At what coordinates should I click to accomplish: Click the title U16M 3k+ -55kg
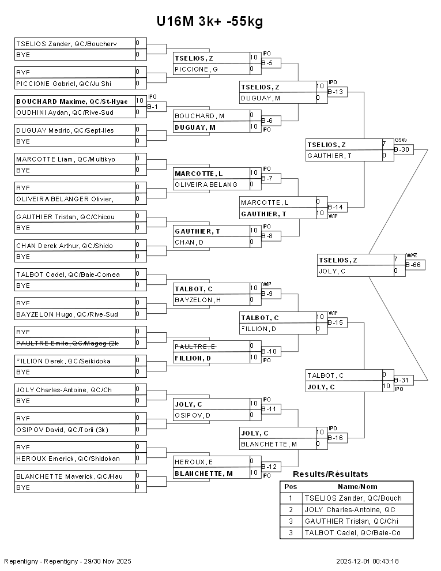coord(210,22)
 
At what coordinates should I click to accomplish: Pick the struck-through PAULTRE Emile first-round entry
coord(75,343)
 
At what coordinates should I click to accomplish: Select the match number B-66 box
coord(416,265)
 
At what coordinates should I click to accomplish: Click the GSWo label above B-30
coord(401,140)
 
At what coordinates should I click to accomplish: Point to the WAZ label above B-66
coord(411,255)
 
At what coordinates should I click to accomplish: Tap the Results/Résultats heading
coord(330,474)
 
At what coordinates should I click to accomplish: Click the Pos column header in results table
coord(291,486)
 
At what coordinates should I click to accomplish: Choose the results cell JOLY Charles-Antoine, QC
coord(350,509)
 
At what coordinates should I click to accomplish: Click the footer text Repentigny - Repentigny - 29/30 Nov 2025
coord(68,561)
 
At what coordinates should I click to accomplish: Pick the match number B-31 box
coord(404,380)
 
